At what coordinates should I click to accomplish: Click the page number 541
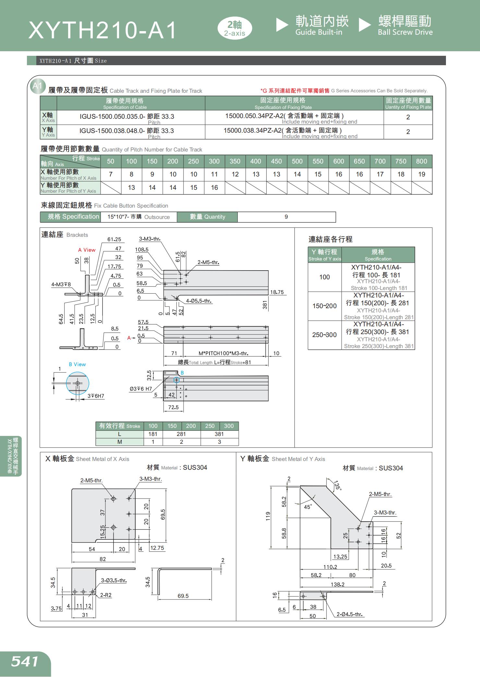(x=25, y=661)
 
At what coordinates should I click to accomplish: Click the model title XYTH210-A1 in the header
(x=102, y=30)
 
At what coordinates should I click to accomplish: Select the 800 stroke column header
(x=421, y=161)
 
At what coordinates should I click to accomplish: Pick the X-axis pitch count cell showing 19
(x=421, y=175)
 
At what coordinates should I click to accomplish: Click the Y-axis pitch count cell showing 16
(x=214, y=187)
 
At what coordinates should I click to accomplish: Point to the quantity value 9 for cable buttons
(x=286, y=217)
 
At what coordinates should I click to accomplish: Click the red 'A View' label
(x=87, y=250)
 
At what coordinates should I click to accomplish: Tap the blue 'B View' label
(x=77, y=364)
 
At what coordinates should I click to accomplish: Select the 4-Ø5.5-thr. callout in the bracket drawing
(x=198, y=301)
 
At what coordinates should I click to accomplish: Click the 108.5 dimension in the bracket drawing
(x=142, y=249)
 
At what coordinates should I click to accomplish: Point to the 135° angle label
(x=338, y=485)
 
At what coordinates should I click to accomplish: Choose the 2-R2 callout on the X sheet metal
(x=106, y=595)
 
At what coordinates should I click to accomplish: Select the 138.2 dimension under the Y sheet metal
(x=337, y=584)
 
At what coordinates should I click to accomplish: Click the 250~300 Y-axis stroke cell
(x=324, y=335)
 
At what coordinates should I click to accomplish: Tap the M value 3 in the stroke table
(x=219, y=442)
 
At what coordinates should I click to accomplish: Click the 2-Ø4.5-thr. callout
(x=349, y=614)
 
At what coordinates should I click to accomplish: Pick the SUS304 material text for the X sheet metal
(x=195, y=467)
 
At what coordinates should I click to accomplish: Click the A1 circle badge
(x=37, y=86)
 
